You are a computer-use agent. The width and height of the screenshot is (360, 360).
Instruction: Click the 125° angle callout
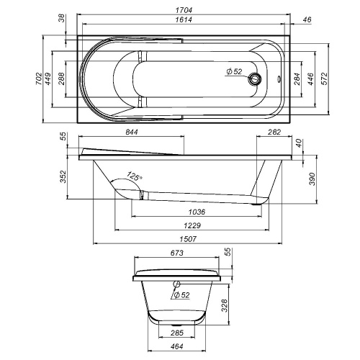(x=133, y=175)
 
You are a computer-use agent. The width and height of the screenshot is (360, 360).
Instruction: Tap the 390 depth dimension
(x=312, y=177)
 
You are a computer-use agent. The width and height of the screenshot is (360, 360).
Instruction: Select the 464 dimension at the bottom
(x=176, y=348)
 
